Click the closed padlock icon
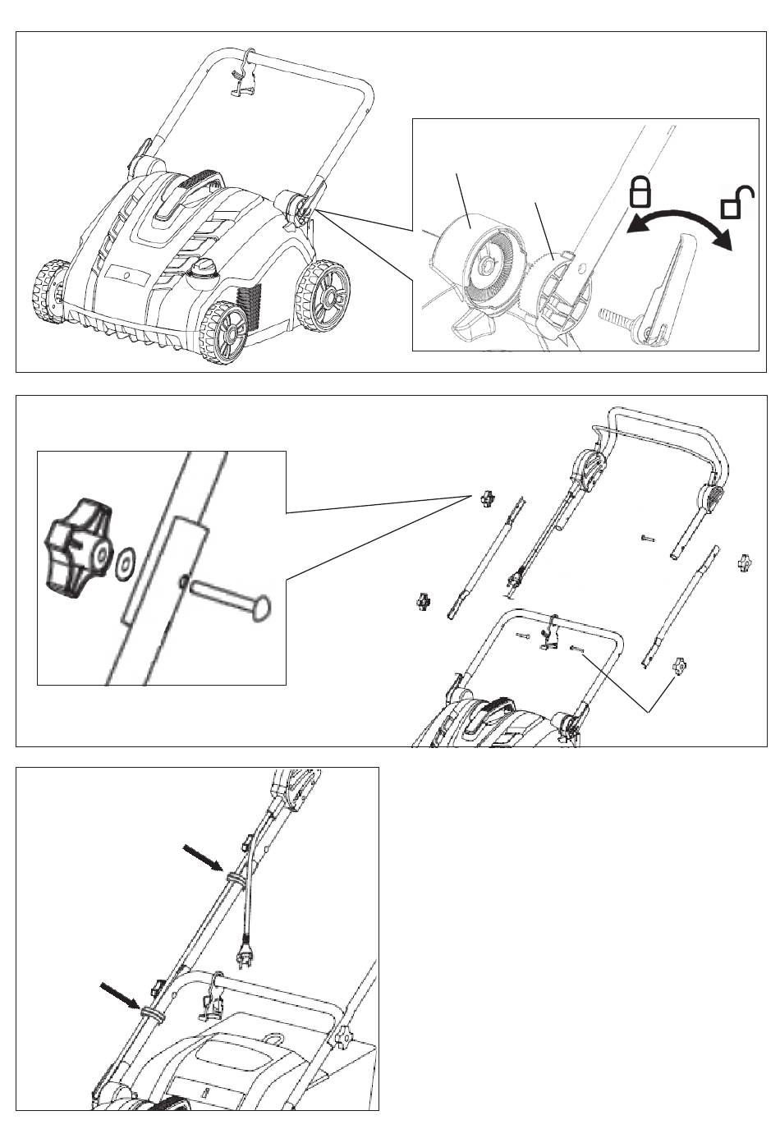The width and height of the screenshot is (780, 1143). [640, 191]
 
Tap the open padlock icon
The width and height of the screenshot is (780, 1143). [736, 202]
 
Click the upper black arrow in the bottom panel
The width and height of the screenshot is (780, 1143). [202, 859]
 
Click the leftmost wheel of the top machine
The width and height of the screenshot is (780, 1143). [51, 292]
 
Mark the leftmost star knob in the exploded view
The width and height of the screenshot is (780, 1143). [423, 602]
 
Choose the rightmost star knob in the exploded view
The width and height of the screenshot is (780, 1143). [745, 563]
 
